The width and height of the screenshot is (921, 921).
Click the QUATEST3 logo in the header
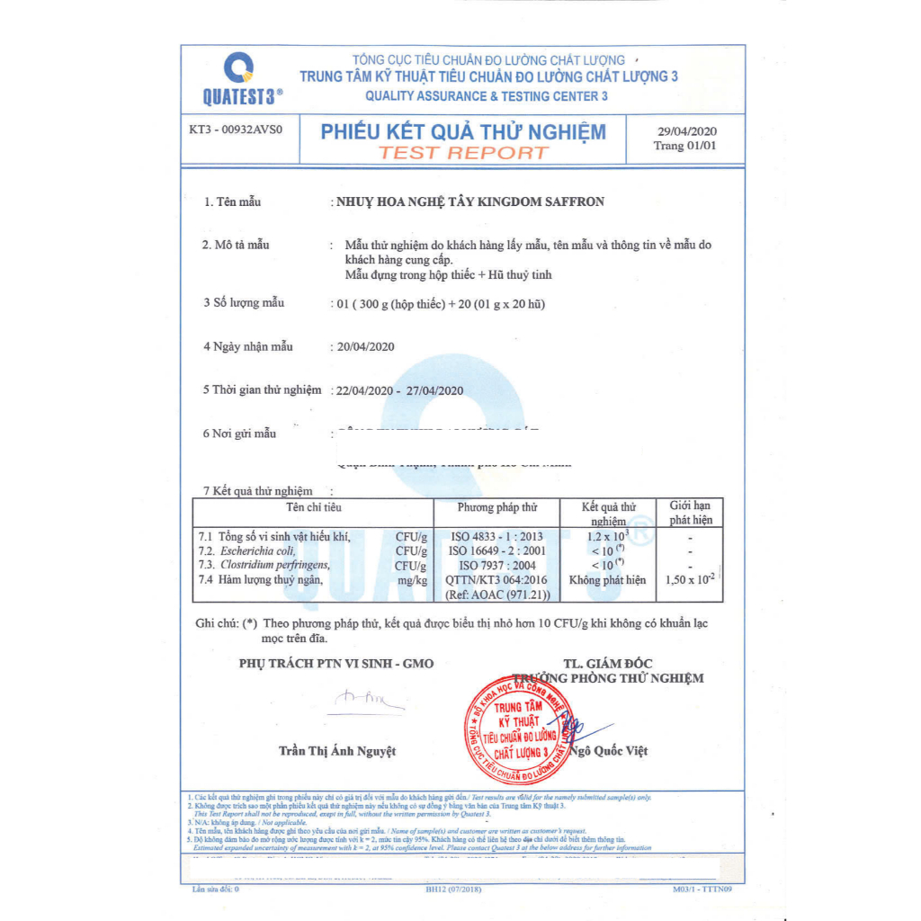(238, 79)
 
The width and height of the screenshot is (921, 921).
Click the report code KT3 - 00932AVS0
(236, 130)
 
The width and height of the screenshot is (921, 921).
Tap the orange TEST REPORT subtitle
(463, 152)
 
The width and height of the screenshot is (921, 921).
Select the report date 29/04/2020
(687, 130)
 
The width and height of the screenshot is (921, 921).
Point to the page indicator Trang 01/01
(685, 146)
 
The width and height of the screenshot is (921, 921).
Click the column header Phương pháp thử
(497, 508)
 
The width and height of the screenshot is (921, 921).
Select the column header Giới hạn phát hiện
(690, 513)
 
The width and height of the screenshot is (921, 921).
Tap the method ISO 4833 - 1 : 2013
(496, 537)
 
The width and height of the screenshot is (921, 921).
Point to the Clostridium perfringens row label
(274, 566)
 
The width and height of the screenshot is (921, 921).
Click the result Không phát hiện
(614, 580)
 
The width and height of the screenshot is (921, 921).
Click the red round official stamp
(521, 729)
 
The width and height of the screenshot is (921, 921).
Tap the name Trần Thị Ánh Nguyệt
(337, 750)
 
